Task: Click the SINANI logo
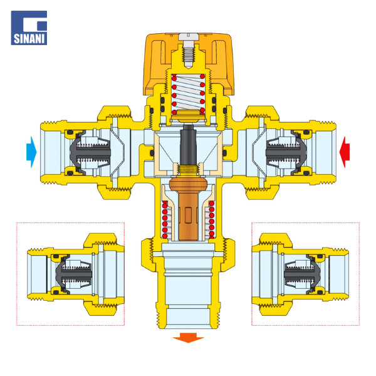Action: point(29,28)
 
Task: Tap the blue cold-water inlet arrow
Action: point(31,152)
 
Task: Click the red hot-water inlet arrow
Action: point(345,152)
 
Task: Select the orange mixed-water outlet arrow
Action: point(188,338)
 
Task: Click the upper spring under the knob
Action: point(188,93)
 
